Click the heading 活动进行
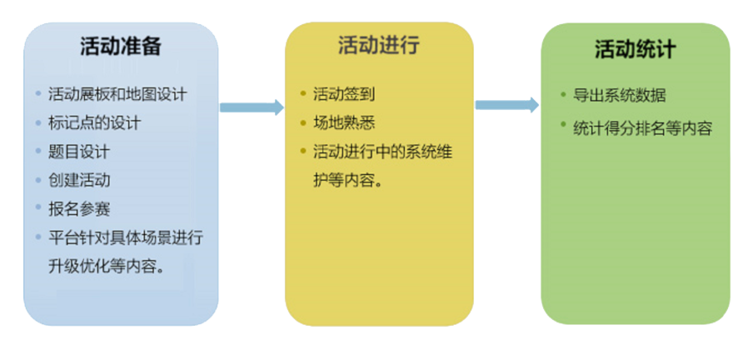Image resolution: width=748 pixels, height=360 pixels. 378,45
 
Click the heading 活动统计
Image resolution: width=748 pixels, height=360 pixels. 635,49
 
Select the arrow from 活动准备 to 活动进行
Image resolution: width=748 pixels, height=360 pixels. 252,107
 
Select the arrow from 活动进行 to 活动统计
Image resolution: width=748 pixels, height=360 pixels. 507,105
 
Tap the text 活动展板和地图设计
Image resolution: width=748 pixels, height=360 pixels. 117,94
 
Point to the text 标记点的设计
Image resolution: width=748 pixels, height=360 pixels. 94,123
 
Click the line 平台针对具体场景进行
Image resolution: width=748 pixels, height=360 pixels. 126,237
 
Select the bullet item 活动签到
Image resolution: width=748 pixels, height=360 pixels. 337,94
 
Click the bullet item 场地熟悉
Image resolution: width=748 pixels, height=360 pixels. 337,123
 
